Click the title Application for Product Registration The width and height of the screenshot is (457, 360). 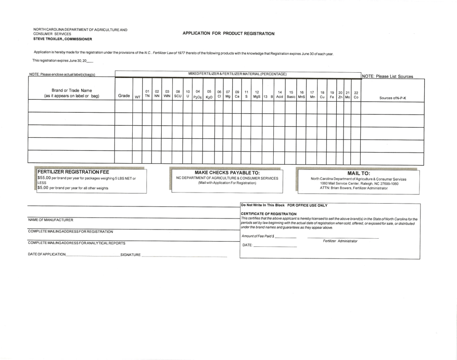228,34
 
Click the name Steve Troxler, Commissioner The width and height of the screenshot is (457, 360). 63,39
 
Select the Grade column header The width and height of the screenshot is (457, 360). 124,96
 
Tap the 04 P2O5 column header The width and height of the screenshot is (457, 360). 198,94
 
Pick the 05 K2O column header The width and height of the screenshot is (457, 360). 209,94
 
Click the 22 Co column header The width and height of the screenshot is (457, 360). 355,94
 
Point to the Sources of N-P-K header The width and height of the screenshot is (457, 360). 393,98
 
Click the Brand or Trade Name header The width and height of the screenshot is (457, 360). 72,93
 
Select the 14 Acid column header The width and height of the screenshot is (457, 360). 279,94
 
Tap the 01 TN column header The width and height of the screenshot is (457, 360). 147,93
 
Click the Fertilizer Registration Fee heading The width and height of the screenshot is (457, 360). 73,172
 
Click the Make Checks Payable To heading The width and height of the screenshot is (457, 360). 227,172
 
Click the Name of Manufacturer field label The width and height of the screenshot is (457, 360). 51,220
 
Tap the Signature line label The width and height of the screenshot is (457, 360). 130,255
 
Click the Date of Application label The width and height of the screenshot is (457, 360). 47,254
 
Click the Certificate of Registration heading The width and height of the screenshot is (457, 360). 268,214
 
